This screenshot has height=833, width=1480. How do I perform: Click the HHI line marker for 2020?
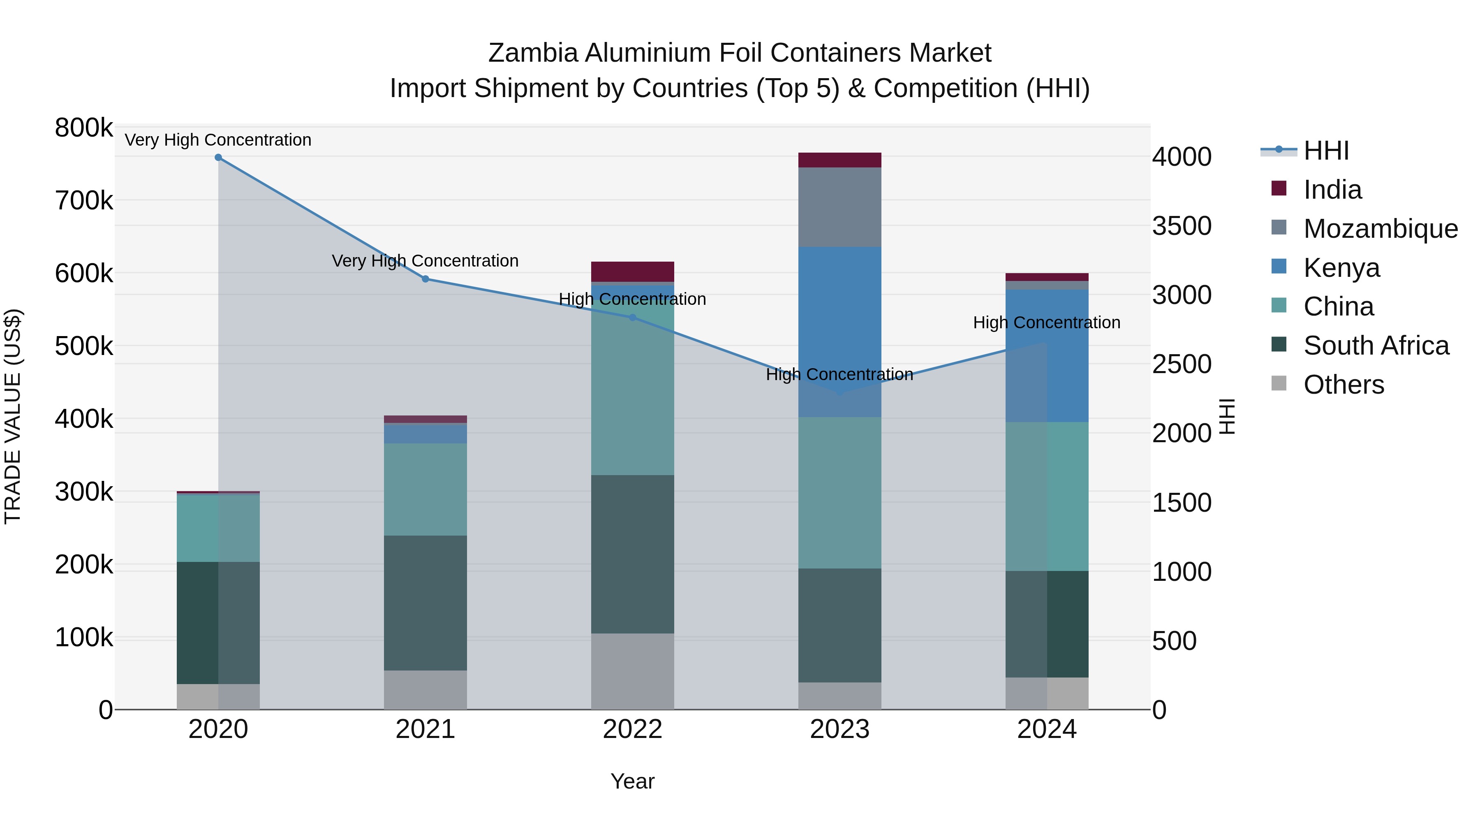click(218, 158)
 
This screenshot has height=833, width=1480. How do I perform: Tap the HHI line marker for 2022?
click(633, 317)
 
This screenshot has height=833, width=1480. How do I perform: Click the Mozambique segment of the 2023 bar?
click(839, 207)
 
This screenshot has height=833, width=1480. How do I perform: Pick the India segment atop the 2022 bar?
click(633, 271)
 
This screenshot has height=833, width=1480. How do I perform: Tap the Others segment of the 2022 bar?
click(633, 671)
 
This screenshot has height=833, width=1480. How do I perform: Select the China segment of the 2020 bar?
click(218, 528)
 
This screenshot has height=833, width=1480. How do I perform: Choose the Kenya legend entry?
click(1341, 268)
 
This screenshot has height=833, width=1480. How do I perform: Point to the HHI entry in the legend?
click(1325, 151)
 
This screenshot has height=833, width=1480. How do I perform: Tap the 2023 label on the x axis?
click(839, 729)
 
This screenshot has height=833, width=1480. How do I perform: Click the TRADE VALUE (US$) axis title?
click(13, 416)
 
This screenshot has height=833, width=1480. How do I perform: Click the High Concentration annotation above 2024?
click(1046, 323)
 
